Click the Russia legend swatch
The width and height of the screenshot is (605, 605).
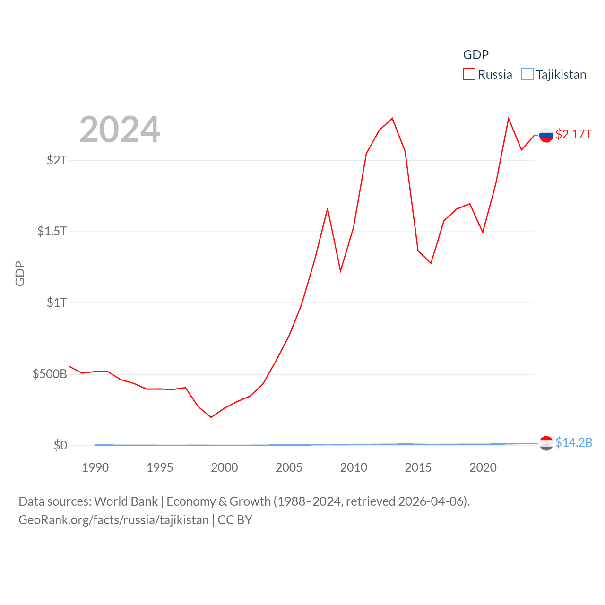469,75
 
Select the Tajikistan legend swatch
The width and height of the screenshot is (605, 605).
527,75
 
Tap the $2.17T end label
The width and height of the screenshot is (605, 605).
573,135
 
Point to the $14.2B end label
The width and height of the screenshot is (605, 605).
574,443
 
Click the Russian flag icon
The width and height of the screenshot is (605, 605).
546,135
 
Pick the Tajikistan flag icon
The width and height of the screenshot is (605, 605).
546,443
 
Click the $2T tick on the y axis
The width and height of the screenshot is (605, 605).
57,160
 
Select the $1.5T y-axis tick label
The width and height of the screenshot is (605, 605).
52,231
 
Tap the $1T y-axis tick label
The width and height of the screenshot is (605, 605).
57,302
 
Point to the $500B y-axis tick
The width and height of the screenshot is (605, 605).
50,374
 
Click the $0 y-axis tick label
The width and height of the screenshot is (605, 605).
60,446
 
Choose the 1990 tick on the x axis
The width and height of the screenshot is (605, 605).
95,468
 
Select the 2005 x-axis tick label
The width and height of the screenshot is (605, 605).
289,468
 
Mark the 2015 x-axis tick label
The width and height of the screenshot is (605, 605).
418,468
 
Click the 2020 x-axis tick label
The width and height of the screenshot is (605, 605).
483,468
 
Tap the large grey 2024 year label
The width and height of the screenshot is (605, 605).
120,130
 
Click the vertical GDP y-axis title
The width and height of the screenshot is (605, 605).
20,273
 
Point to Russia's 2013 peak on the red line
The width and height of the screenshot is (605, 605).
392,118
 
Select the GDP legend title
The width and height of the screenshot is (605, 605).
475,55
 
